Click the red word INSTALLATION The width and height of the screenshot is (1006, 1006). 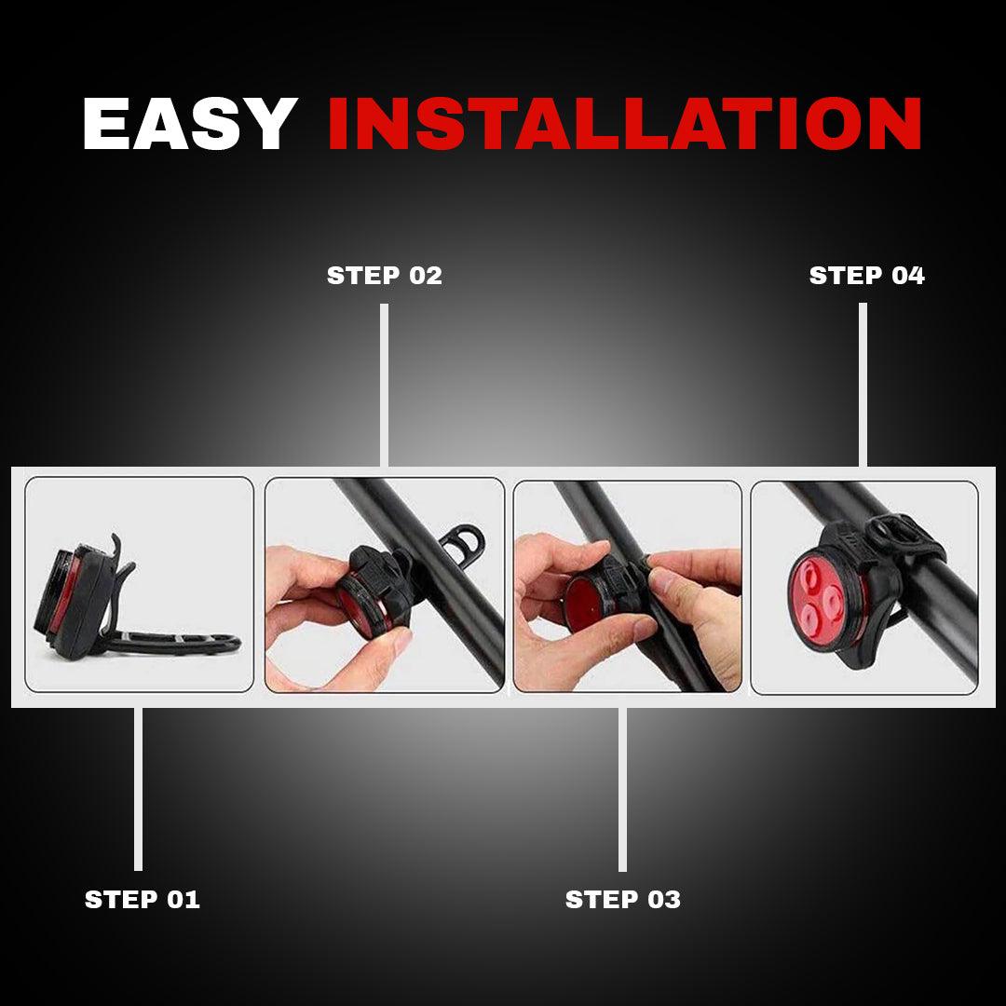click(x=624, y=124)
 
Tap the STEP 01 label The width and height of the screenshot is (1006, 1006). click(x=143, y=899)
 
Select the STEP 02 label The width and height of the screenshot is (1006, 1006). click(x=384, y=276)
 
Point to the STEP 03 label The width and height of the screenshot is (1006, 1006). click(x=623, y=899)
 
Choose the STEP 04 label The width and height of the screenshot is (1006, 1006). click(x=866, y=276)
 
